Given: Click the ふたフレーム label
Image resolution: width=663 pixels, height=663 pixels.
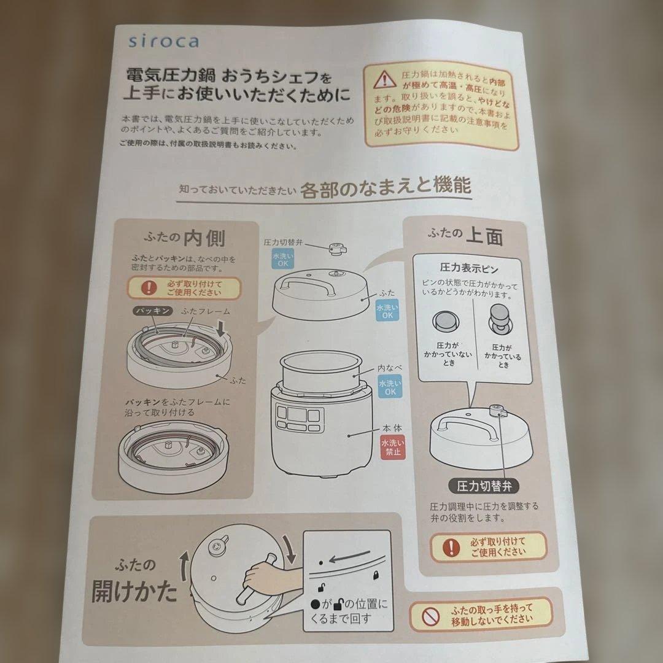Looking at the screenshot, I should (205, 312).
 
